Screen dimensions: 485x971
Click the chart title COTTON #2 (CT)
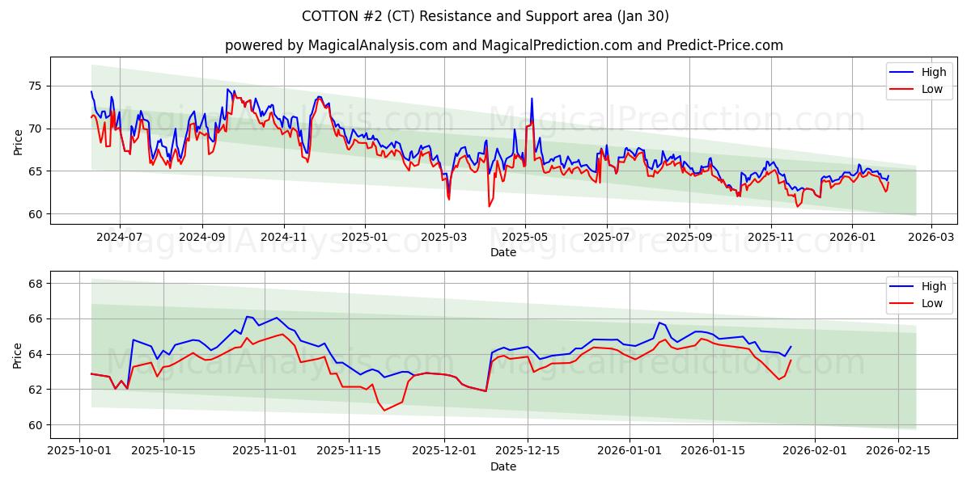click(x=485, y=16)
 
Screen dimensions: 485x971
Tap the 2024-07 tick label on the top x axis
click(x=120, y=237)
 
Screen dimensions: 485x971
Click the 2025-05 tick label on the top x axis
click(x=525, y=237)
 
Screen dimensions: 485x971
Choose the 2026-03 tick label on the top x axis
click(x=931, y=237)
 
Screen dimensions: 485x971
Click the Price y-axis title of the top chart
click(x=18, y=141)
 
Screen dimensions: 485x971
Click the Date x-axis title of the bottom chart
click(x=503, y=466)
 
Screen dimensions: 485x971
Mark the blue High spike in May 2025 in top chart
click(x=532, y=99)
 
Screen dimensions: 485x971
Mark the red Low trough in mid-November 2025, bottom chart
click(x=384, y=411)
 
